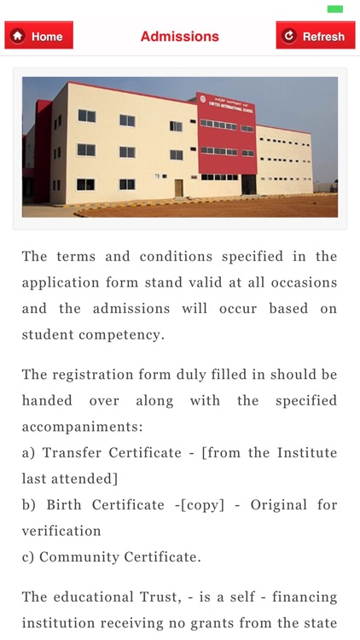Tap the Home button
(39, 36)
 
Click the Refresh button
(316, 36)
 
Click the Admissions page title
(179, 36)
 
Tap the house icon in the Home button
(18, 36)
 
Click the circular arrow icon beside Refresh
(289, 36)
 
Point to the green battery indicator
(335, 9)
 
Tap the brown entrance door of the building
(178, 188)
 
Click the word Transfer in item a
(70, 453)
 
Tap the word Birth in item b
(61, 505)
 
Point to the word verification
(61, 531)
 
